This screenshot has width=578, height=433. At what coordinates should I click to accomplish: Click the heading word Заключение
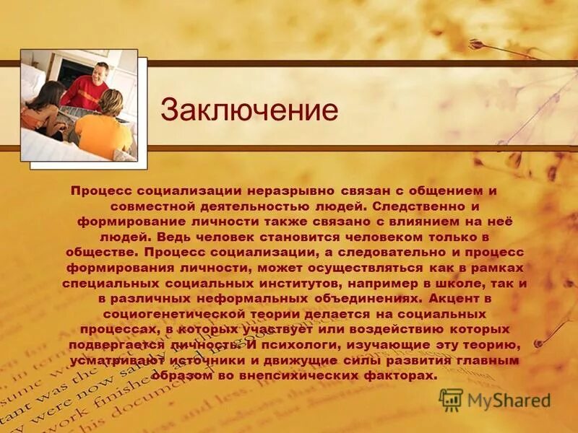pyautogui.click(x=249, y=110)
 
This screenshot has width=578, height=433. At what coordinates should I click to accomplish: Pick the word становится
pyautogui.click(x=297, y=237)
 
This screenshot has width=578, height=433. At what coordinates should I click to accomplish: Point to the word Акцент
pyautogui.click(x=457, y=299)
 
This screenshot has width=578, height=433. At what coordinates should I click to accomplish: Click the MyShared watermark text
pyautogui.click(x=508, y=399)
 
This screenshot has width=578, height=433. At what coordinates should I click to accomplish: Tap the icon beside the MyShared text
pyautogui.click(x=451, y=399)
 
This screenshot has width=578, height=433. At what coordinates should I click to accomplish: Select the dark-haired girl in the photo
pyautogui.click(x=45, y=108)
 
